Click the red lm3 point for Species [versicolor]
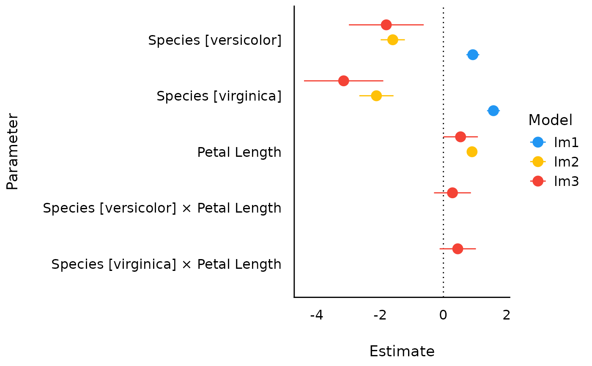tap(386, 25)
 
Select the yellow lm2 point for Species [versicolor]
tap(393, 40)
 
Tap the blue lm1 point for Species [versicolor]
tap(473, 55)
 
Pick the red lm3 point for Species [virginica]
tap(344, 81)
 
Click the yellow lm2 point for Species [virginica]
tap(376, 96)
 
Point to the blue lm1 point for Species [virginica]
tap(493, 111)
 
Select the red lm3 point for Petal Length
tap(460, 137)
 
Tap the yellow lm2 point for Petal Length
tap(472, 152)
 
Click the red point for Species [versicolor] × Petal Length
tap(452, 193)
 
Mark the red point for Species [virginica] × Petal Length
tap(458, 249)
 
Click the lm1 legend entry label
tap(566, 142)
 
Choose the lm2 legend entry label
tap(566, 162)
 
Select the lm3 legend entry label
tap(566, 181)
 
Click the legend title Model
tap(550, 120)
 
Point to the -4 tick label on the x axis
tap(317, 315)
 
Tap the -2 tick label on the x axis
tap(380, 315)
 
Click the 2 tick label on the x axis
tap(507, 315)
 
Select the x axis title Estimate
tap(402, 352)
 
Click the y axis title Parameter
tap(13, 152)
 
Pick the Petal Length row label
tap(239, 152)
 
